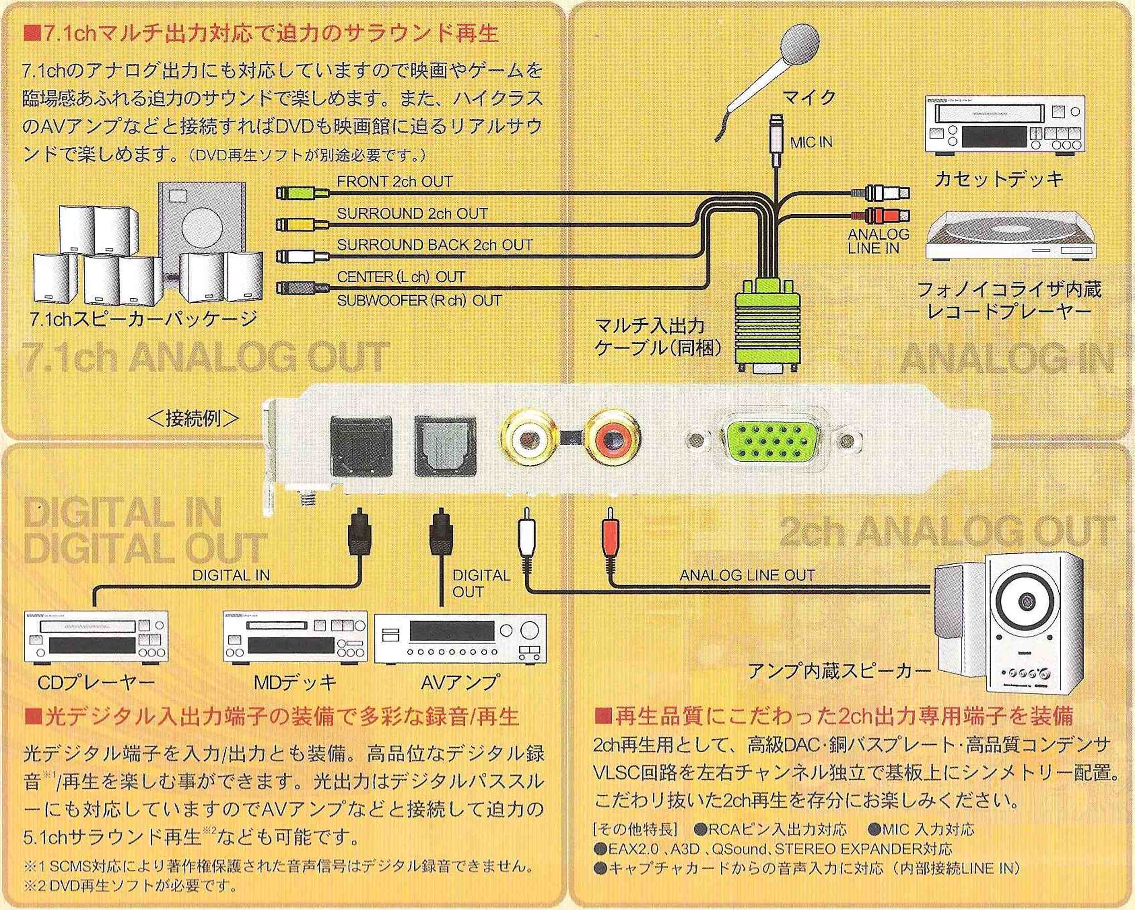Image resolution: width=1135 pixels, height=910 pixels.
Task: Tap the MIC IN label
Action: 811,142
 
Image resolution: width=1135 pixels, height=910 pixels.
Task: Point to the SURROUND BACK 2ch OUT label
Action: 434,245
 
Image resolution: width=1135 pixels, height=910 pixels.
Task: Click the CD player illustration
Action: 96,637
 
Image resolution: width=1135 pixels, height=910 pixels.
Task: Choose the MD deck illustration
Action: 295,637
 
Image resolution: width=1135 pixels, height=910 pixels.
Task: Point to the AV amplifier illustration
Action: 459,639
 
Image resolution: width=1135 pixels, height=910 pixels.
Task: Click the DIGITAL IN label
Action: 231,575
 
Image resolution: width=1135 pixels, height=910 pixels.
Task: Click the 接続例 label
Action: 194,418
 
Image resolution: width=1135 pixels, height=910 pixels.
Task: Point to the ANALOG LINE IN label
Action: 878,241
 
